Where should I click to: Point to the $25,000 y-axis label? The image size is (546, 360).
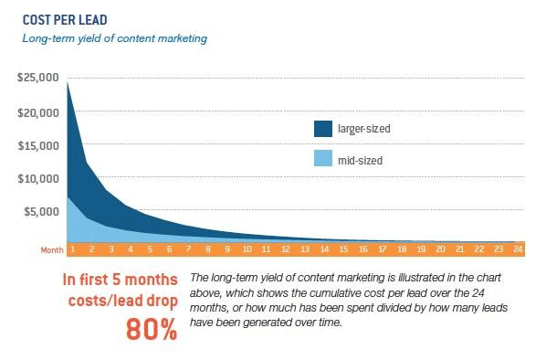(38, 79)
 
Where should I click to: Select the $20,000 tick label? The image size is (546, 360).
(38, 112)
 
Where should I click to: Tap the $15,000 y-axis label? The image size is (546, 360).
(38, 145)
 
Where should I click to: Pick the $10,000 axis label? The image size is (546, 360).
(38, 178)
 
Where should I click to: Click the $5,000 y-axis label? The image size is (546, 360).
(41, 211)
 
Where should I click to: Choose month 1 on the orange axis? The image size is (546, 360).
(72, 249)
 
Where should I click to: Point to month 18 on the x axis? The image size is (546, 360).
(399, 249)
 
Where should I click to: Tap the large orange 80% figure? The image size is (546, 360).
(151, 328)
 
